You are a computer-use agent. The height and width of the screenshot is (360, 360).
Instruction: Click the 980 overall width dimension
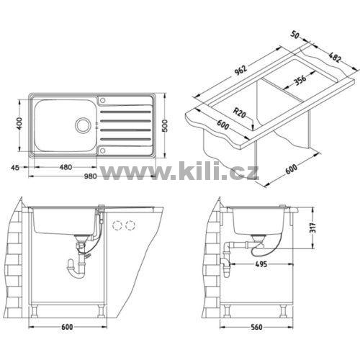(x=90, y=176)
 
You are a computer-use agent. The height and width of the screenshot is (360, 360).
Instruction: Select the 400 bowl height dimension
(x=20, y=123)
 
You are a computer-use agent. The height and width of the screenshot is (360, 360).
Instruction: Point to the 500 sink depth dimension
(x=165, y=125)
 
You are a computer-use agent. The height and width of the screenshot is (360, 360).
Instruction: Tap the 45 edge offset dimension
(x=15, y=167)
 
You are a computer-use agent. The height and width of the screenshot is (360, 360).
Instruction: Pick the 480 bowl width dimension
(x=66, y=167)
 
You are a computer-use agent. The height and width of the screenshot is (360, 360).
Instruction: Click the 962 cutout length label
(x=240, y=70)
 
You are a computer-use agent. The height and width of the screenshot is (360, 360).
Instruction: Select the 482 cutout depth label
(x=335, y=57)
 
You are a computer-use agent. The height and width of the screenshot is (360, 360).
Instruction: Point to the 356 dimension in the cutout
(x=300, y=80)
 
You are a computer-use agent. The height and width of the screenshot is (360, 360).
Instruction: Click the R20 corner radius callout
(x=240, y=113)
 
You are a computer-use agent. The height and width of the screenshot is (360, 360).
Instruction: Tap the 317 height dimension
(x=313, y=228)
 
